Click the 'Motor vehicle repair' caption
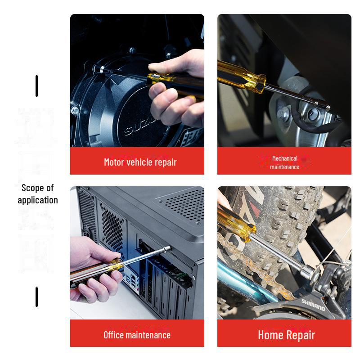pyautogui.click(x=140, y=162)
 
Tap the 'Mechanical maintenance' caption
pyautogui.click(x=284, y=162)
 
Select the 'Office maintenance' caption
pyautogui.click(x=137, y=335)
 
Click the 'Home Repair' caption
pyautogui.click(x=286, y=335)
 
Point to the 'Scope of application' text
pyautogui.click(x=38, y=194)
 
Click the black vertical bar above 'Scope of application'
pyautogui.click(x=36, y=86)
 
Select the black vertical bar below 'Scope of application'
pyautogui.click(x=36, y=297)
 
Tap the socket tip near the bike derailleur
pyautogui.click(x=310, y=271)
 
